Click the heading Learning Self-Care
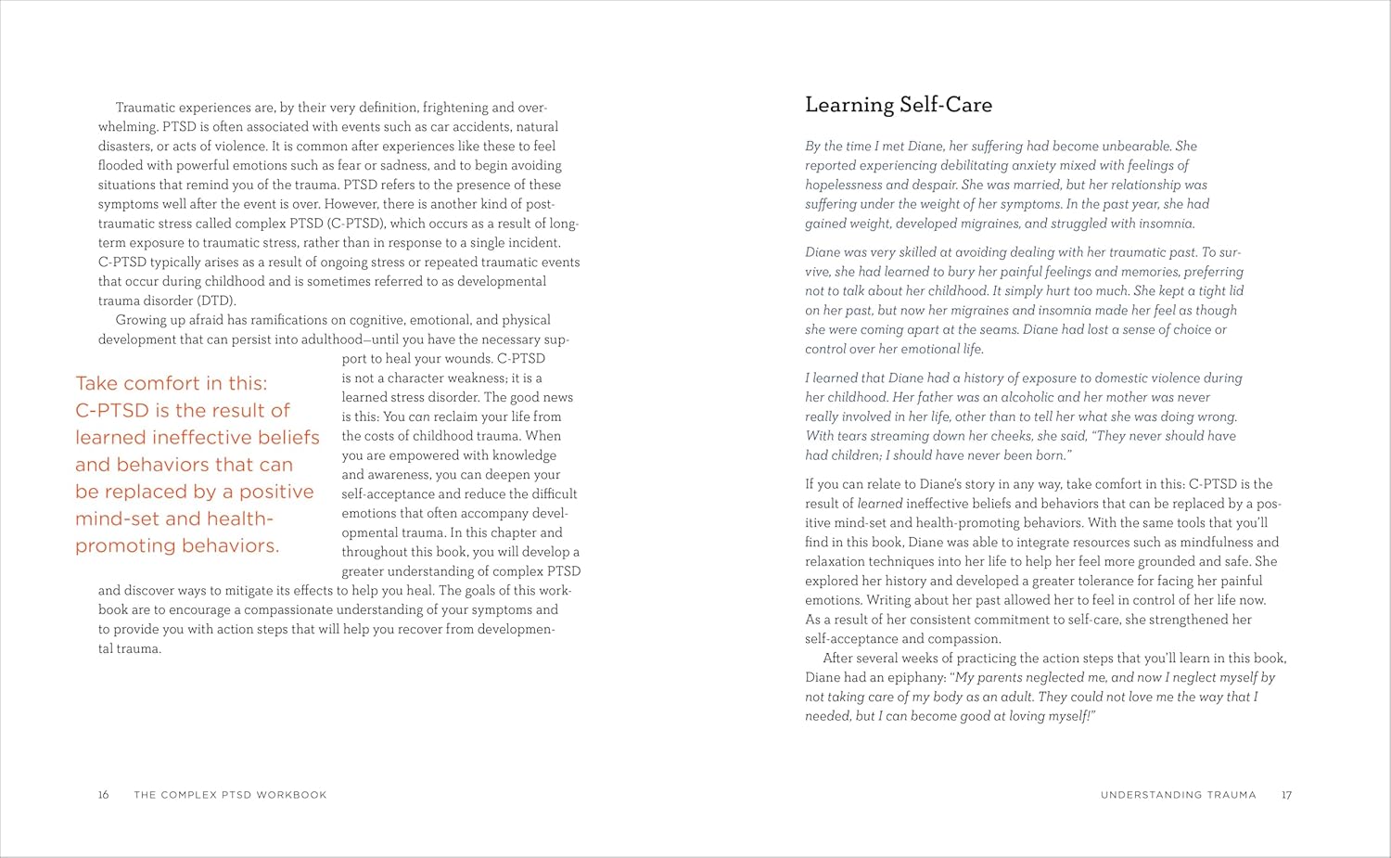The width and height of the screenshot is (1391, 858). tap(898, 105)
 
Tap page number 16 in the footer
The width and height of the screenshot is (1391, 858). tap(104, 795)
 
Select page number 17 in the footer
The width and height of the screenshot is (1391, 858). tap(1286, 795)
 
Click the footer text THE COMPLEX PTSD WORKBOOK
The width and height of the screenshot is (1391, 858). tap(230, 795)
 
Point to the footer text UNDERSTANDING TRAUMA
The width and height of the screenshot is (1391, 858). tap(1178, 795)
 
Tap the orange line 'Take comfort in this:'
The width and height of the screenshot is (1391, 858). tap(171, 383)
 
